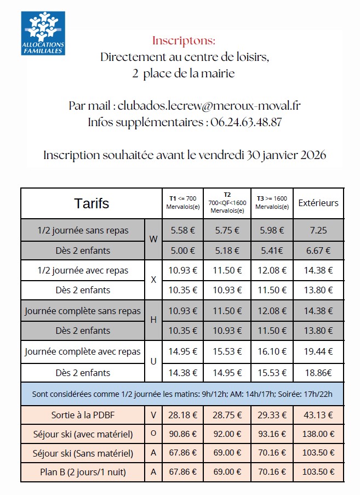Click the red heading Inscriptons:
(x=184, y=41)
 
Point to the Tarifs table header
(x=92, y=203)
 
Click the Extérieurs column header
(x=318, y=203)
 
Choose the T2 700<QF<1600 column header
(x=227, y=203)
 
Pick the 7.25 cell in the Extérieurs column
(x=318, y=230)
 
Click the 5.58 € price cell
(x=183, y=230)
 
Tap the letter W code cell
(x=153, y=240)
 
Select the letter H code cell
(x=153, y=320)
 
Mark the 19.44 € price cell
(x=318, y=351)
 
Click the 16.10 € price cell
(x=272, y=351)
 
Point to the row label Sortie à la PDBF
(x=83, y=415)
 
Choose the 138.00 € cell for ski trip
(x=318, y=434)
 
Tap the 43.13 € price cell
(x=318, y=415)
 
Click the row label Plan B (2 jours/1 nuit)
(x=83, y=472)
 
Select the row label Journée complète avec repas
(x=83, y=351)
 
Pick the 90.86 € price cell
(x=183, y=434)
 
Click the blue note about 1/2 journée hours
(x=182, y=394)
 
